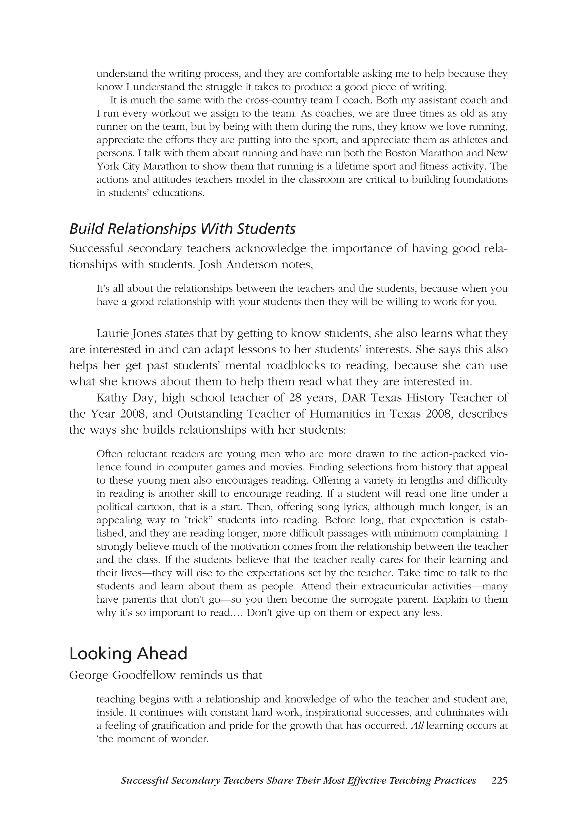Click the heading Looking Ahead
(x=128, y=654)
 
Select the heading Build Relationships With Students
(x=182, y=229)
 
